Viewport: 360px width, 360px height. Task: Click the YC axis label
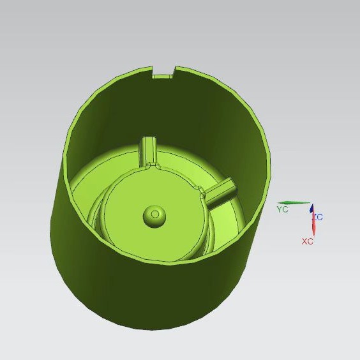pyautogui.click(x=282, y=209)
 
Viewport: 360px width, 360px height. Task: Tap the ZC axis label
pyautogui.click(x=319, y=217)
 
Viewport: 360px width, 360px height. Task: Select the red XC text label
pyautogui.click(x=308, y=241)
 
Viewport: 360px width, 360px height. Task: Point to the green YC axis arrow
pyautogui.click(x=294, y=202)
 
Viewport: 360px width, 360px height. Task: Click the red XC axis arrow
pyautogui.click(x=313, y=225)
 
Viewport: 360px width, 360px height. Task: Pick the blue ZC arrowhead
pyautogui.click(x=311, y=208)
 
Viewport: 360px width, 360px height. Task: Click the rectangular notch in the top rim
pyautogui.click(x=163, y=72)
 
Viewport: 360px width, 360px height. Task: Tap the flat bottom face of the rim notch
pyautogui.click(x=162, y=77)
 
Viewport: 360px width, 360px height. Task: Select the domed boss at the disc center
pyautogui.click(x=154, y=216)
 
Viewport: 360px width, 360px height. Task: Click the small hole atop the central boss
pyautogui.click(x=155, y=214)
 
